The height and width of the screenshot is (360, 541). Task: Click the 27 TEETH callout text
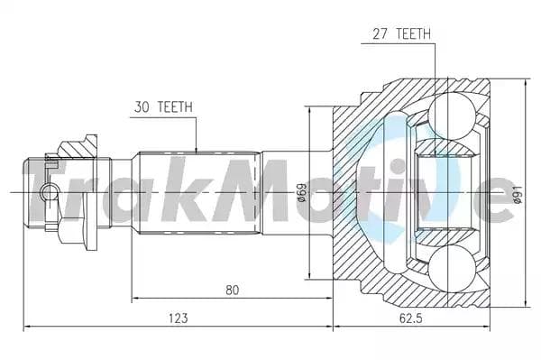pyautogui.click(x=401, y=33)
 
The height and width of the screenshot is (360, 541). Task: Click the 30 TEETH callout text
pyautogui.click(x=163, y=107)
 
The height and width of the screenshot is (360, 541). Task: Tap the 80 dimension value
pyautogui.click(x=233, y=290)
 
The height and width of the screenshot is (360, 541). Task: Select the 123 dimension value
pyautogui.click(x=179, y=318)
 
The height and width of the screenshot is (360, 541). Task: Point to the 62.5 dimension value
pyautogui.click(x=410, y=318)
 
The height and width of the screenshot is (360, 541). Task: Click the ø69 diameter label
pyautogui.click(x=301, y=192)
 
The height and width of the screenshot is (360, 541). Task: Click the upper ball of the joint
pyautogui.click(x=452, y=115)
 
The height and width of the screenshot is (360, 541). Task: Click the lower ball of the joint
pyautogui.click(x=452, y=269)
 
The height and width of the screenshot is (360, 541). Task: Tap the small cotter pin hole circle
pyautogui.click(x=50, y=192)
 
